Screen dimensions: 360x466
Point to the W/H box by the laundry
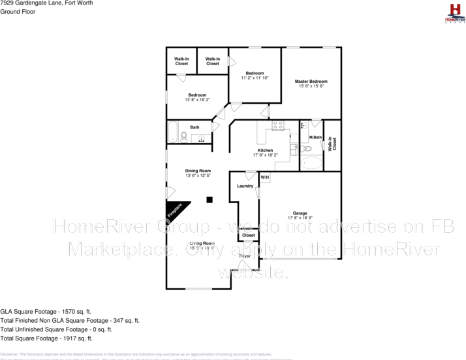pyautogui.click(x=265, y=177)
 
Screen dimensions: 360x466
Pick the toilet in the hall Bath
pyautogui.click(x=185, y=137)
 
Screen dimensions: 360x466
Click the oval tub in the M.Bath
pyautogui.click(x=311, y=162)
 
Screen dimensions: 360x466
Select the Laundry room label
pyautogui.click(x=245, y=187)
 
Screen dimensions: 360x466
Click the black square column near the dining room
pyautogui.click(x=209, y=200)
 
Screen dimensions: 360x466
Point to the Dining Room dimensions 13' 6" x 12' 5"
pyautogui.click(x=198, y=175)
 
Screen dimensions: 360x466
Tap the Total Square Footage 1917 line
pyautogui.click(x=46, y=338)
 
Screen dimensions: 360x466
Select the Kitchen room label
pyautogui.click(x=265, y=153)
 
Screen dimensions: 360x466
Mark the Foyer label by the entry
pyautogui.click(x=245, y=256)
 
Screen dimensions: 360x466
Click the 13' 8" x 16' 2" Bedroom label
pyautogui.click(x=197, y=97)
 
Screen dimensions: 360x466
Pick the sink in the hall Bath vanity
pyautogui.click(x=202, y=138)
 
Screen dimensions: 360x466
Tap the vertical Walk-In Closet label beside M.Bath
pyautogui.click(x=332, y=144)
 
